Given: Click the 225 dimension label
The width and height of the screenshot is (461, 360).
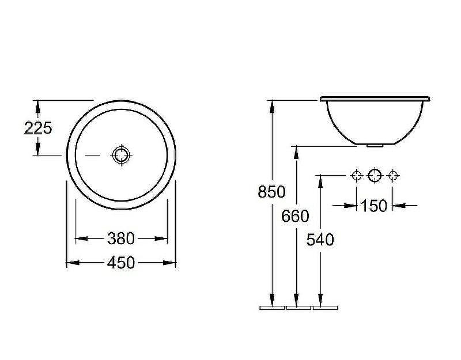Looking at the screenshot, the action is (x=38, y=128).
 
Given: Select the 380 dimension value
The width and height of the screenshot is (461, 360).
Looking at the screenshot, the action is (x=121, y=238).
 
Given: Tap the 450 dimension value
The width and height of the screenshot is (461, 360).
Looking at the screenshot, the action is (x=121, y=263).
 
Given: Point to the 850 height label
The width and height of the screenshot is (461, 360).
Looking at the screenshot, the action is (x=271, y=192).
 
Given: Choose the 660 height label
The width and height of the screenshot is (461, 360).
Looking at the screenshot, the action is (x=295, y=216).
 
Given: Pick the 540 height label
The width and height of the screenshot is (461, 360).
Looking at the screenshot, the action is (x=320, y=240).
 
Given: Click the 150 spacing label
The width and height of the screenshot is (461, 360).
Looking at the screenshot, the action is (x=373, y=206).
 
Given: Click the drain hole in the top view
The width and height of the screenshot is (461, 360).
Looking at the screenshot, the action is (x=121, y=155).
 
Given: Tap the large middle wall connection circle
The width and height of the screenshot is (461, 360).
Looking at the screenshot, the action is (x=375, y=176).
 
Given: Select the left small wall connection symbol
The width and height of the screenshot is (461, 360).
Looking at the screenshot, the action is (x=357, y=176).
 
